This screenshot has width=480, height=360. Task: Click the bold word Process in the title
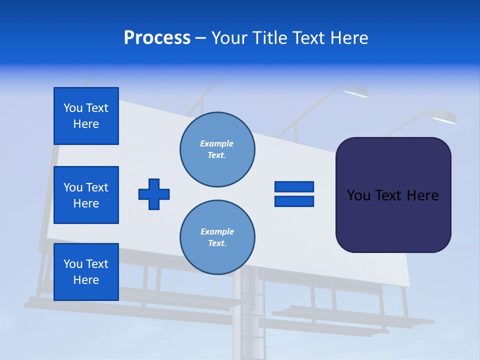[157, 38]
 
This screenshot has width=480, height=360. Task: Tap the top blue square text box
[86, 116]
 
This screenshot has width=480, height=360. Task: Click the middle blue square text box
[86, 195]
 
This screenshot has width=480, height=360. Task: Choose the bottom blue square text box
[86, 272]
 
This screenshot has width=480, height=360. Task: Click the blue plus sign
[154, 194]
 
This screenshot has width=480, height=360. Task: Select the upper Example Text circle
[217, 149]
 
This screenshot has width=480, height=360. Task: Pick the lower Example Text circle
[217, 237]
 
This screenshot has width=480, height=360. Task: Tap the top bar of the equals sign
[294, 186]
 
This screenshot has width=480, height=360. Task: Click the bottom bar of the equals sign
[294, 201]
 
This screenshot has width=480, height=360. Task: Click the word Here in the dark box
[422, 195]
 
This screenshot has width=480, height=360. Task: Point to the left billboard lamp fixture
[355, 91]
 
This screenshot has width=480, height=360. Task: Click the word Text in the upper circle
[217, 155]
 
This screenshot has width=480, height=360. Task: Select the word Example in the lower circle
[217, 231]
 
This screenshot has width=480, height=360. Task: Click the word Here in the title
[349, 38]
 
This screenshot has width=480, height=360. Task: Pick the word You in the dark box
[358, 195]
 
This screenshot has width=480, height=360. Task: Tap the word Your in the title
[229, 38]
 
